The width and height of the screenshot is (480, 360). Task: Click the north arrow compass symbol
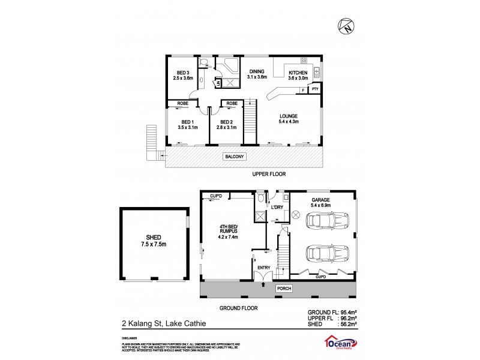coord(345,26)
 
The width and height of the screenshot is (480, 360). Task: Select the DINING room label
coord(256,71)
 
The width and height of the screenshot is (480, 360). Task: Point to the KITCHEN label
coord(298,72)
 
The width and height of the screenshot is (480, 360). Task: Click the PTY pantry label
coord(315,89)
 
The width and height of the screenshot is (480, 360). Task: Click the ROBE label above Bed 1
coord(184,103)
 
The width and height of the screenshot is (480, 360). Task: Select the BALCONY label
coord(234,157)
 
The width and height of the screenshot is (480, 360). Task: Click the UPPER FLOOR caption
coord(268,175)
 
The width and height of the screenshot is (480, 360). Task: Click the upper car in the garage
coord(327,223)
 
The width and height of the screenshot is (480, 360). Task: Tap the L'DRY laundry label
coord(277,208)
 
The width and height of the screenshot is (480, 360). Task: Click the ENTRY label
coord(263,268)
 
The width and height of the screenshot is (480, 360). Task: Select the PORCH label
coord(283,289)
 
